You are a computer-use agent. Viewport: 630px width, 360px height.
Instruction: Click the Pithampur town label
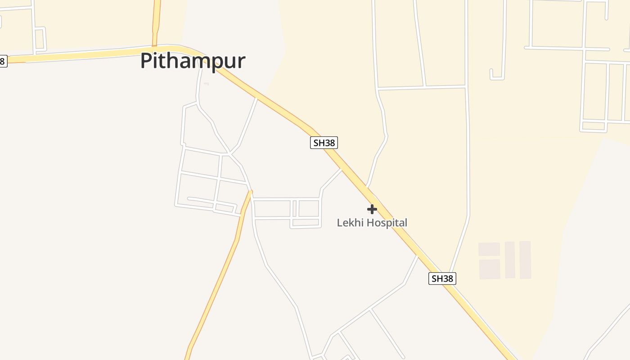click(x=193, y=61)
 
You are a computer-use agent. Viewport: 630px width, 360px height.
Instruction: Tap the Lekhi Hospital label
click(x=372, y=223)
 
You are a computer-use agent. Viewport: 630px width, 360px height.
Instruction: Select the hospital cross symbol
click(x=372, y=209)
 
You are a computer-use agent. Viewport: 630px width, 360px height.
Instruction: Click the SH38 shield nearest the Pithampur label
click(x=324, y=143)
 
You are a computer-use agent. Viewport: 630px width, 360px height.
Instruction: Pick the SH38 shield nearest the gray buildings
click(x=442, y=279)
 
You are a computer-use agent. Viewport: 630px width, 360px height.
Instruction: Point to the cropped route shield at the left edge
click(x=3, y=61)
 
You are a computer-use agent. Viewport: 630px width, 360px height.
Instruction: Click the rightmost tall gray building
click(x=525, y=260)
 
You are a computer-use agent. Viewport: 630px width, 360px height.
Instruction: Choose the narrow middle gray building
click(x=510, y=260)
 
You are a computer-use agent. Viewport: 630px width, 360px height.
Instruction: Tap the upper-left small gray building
click(x=489, y=249)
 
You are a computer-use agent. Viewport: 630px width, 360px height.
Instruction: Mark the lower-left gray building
click(x=490, y=269)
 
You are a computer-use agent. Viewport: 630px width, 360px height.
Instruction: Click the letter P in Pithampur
click(x=146, y=61)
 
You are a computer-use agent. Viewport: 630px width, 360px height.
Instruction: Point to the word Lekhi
click(x=350, y=223)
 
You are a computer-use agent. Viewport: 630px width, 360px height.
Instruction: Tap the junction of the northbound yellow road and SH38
click(x=155, y=47)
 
